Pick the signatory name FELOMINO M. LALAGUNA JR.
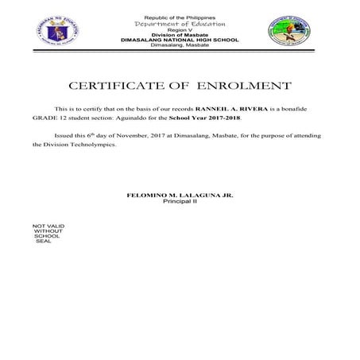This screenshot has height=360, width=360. pyautogui.click(x=180, y=195)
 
